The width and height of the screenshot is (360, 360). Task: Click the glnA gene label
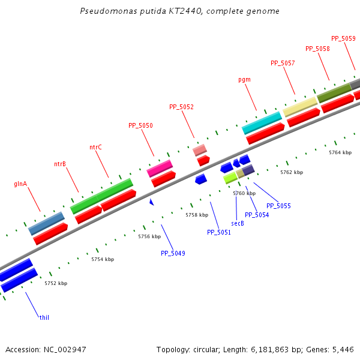point(20,184)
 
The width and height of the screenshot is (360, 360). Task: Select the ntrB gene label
point(60,164)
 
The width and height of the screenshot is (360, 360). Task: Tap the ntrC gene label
point(95,147)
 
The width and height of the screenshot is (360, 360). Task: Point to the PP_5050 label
point(140,126)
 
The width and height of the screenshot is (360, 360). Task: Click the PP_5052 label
point(181,107)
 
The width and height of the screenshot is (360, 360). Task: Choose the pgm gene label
point(244,79)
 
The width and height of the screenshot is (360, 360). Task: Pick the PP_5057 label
point(283,63)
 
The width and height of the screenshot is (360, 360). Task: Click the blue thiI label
point(44,317)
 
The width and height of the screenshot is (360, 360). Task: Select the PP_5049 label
point(173,253)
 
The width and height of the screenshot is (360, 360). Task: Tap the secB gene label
point(238,223)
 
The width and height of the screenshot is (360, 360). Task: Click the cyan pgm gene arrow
point(262,122)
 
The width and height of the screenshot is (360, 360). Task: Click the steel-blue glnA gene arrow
point(46,223)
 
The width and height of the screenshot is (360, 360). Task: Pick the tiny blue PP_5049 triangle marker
point(152,202)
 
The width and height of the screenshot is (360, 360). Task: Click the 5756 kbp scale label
point(149,236)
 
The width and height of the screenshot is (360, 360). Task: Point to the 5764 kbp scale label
point(340,153)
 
